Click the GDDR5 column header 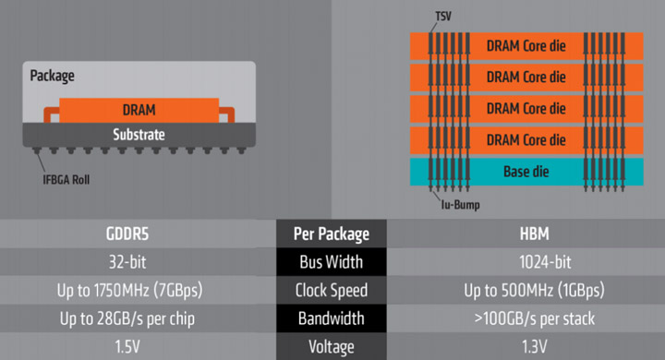click(139, 234)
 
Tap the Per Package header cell click(332, 234)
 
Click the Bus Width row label click(332, 262)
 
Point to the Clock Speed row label click(332, 290)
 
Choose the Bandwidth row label click(332, 318)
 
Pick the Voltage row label click(332, 346)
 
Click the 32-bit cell click(139, 262)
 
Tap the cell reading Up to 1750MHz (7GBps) click(139, 290)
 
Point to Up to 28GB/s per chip click(139, 318)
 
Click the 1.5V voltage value click(139, 346)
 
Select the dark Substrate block click(139, 135)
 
